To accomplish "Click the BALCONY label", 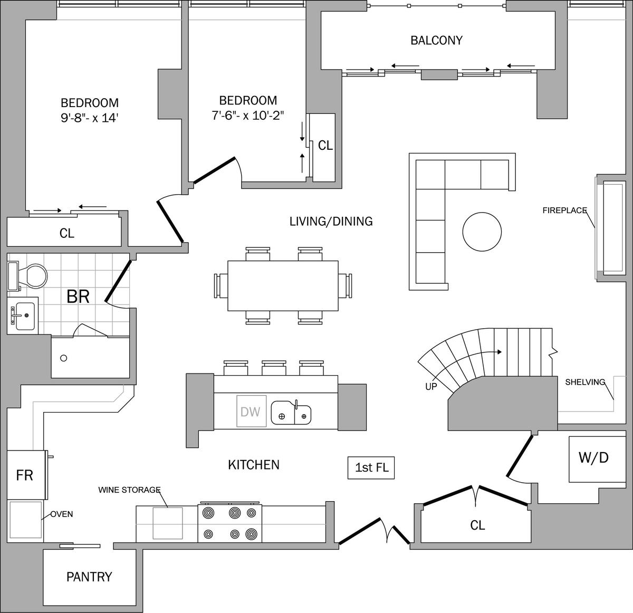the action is (436, 40).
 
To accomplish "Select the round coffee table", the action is (482, 232).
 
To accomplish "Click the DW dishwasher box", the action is (251, 411).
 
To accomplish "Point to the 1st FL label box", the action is (371, 468).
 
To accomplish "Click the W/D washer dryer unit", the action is (597, 459).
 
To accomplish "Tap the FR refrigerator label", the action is (24, 475).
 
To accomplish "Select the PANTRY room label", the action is (89, 577).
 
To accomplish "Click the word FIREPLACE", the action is (565, 210).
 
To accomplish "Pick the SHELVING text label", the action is (585, 382).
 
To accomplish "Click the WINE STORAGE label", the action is (129, 490).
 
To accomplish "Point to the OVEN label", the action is (62, 514).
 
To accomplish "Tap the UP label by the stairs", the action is (431, 387).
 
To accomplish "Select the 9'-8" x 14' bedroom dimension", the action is (89, 118).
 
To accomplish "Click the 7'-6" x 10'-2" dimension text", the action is (248, 115).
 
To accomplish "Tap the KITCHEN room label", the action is (254, 465).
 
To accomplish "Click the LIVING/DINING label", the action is (331, 221).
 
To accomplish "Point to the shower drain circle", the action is (64, 358).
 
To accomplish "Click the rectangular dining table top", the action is (283, 285).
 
